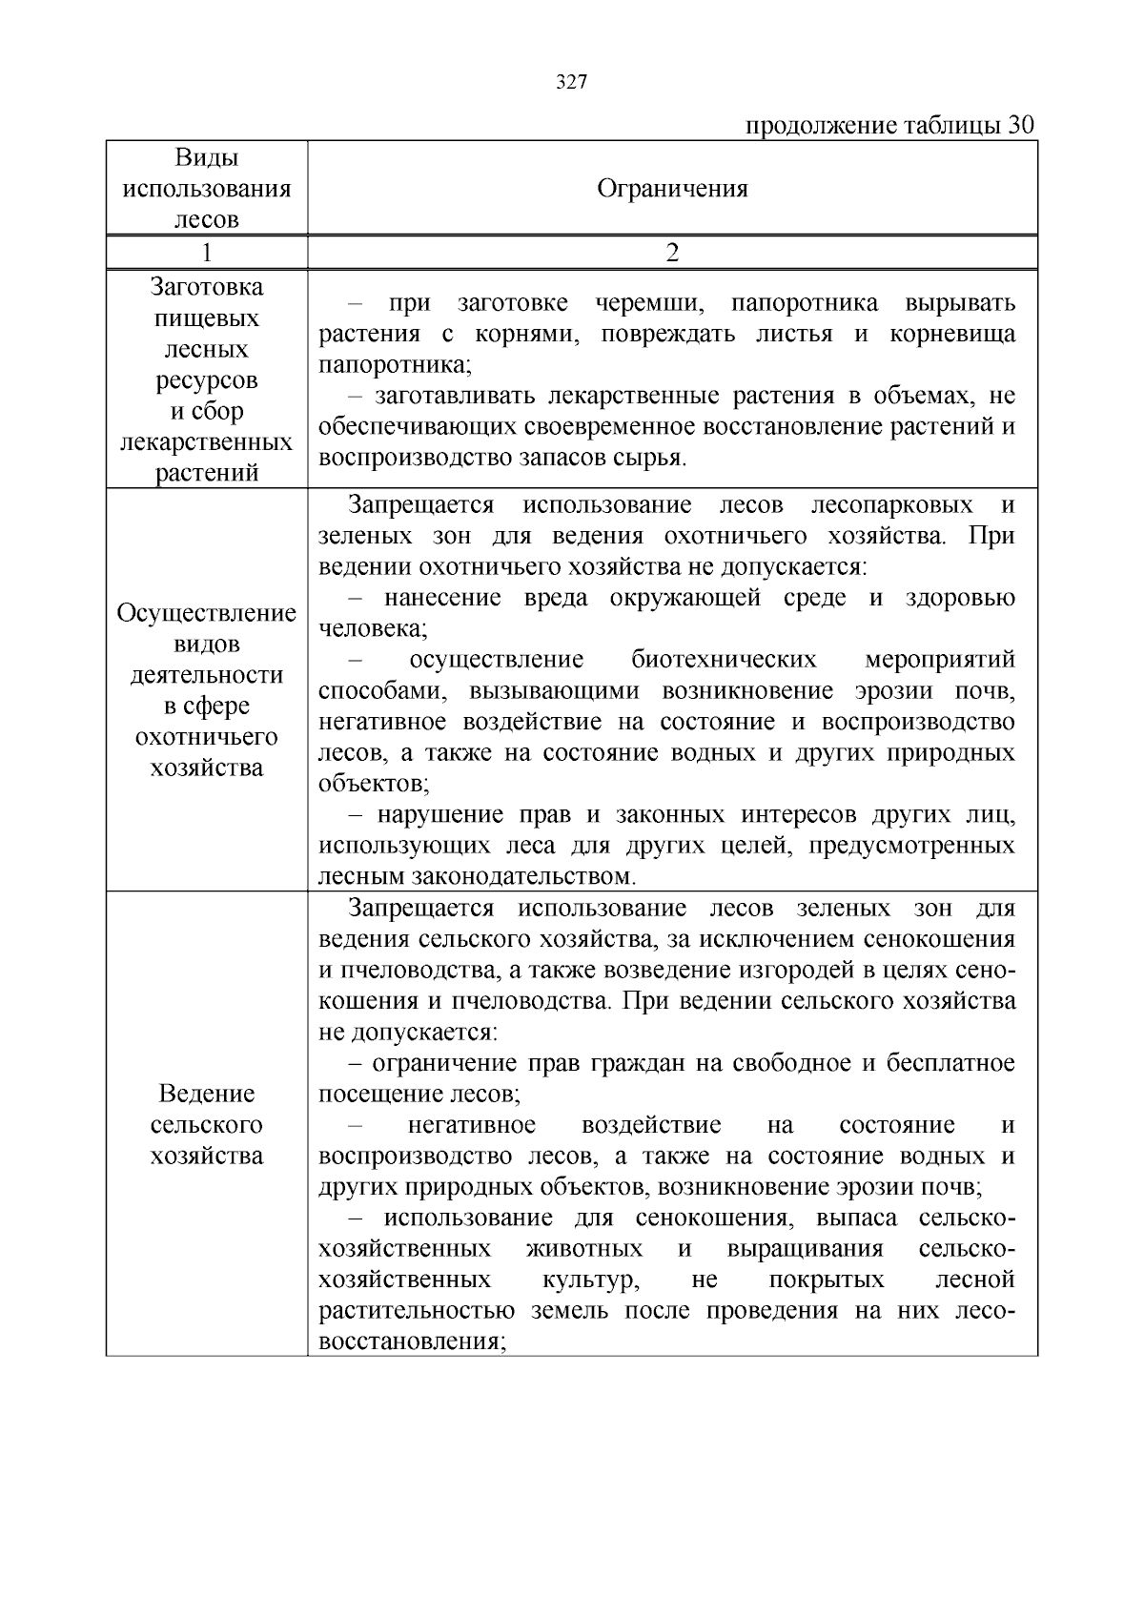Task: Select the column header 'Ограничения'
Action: tap(672, 189)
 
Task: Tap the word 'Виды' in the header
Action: tap(206, 157)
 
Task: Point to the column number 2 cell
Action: tap(672, 253)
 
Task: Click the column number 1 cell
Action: tap(206, 253)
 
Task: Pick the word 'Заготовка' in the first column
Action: tap(206, 287)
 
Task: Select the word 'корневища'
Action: tap(952, 335)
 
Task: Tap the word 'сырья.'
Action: tap(653, 458)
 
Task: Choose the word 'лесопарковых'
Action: tap(891, 504)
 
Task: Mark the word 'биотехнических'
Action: tap(724, 660)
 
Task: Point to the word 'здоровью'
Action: tap(960, 598)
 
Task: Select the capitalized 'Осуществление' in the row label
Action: tap(206, 613)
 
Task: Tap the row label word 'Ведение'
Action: tap(206, 1094)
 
